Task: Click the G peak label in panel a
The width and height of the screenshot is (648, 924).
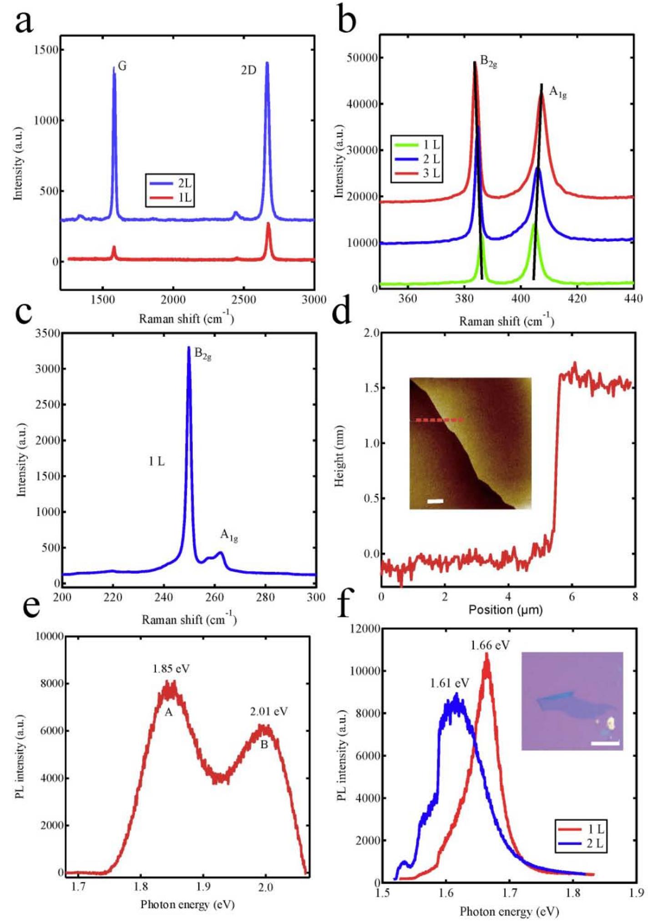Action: [x=122, y=66]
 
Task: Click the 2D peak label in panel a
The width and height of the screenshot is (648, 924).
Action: [x=248, y=70]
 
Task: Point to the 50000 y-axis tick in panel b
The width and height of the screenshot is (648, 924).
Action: [x=362, y=58]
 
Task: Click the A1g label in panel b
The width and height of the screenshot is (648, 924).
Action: [x=557, y=92]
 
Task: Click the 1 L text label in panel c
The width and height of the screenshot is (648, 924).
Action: [x=157, y=462]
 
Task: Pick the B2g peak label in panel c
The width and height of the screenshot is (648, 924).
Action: [x=202, y=354]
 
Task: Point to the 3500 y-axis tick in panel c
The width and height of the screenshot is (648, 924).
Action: [x=47, y=333]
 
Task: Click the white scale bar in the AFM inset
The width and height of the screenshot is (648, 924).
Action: [x=435, y=501]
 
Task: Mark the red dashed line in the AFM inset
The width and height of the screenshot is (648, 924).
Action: [x=439, y=420]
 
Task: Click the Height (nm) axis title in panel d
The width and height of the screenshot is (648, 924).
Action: [x=339, y=456]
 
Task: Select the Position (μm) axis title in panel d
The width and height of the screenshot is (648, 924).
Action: [x=506, y=609]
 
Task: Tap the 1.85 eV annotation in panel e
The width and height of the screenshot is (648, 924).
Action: [x=171, y=669]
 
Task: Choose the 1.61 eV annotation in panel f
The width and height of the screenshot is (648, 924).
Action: [x=449, y=683]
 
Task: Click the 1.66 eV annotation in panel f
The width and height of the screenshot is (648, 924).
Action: [x=490, y=645]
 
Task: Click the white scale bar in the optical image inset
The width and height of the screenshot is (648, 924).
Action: [x=605, y=743]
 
